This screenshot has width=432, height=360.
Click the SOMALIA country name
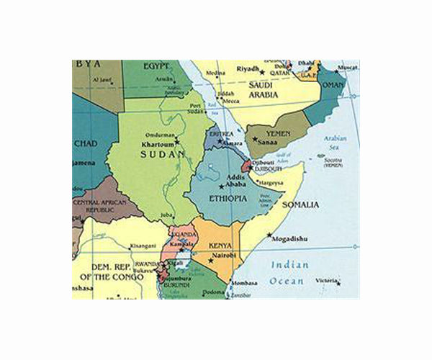[300, 205]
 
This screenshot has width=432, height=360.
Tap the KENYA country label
[220, 246]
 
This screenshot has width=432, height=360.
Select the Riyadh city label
[248, 69]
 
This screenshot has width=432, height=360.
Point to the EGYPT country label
[156, 66]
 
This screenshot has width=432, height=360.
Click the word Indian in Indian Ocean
[284, 265]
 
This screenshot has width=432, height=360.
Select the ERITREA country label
[220, 133]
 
